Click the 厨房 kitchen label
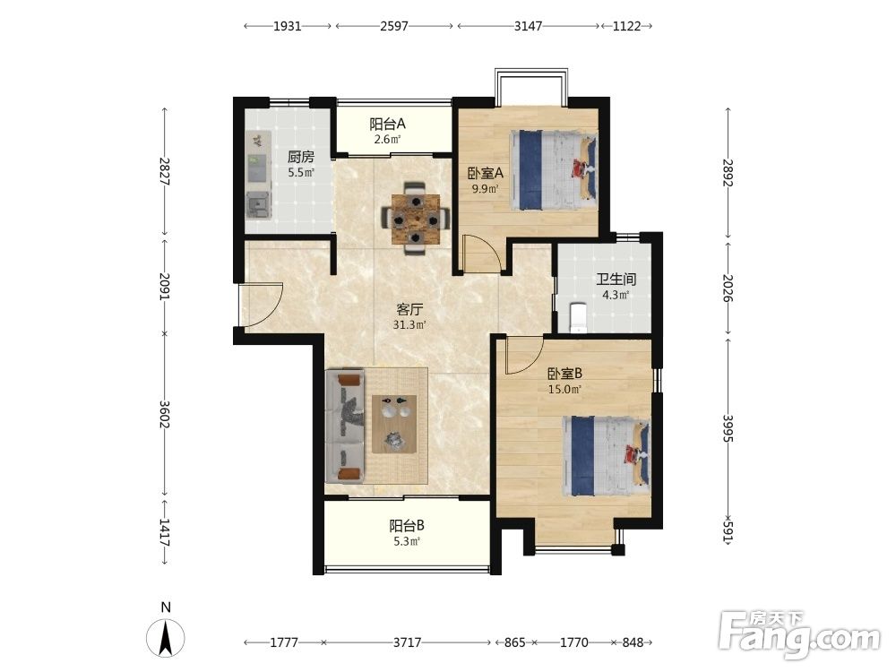click(300, 157)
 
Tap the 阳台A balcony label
click(387, 124)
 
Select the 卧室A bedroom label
click(485, 173)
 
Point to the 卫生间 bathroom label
click(616, 280)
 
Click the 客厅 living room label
click(409, 310)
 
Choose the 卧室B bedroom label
click(564, 374)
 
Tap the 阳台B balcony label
click(407, 526)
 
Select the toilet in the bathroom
click(578, 317)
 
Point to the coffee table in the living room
click(393, 424)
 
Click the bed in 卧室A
click(555, 170)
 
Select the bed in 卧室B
click(606, 456)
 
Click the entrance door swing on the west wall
click(261, 306)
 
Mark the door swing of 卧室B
click(524, 356)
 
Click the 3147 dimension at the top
click(528, 26)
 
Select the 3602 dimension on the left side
click(165, 414)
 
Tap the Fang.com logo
click(799, 635)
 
